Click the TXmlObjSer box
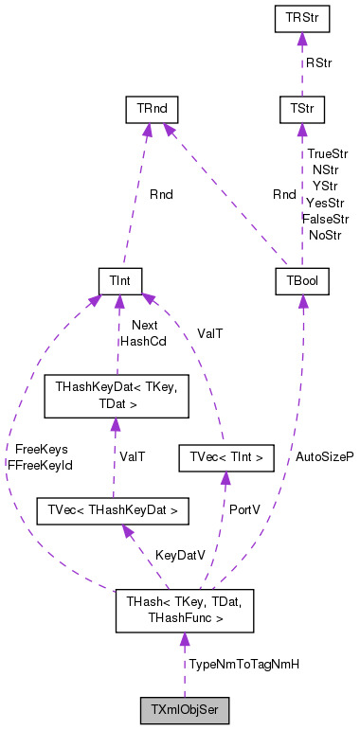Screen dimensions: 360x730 185,711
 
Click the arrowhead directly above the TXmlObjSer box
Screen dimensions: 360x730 185,639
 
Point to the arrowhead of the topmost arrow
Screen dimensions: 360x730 302,40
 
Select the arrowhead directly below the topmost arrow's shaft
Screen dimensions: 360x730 302,130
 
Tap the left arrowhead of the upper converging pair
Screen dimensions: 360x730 148,130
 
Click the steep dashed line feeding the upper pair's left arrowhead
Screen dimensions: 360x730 135,199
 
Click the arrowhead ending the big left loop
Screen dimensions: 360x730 96,301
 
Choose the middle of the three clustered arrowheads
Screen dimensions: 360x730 119,301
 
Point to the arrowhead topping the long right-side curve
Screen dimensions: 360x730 303,301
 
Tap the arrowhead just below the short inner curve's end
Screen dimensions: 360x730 225,477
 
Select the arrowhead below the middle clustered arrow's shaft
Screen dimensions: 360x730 116,424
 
